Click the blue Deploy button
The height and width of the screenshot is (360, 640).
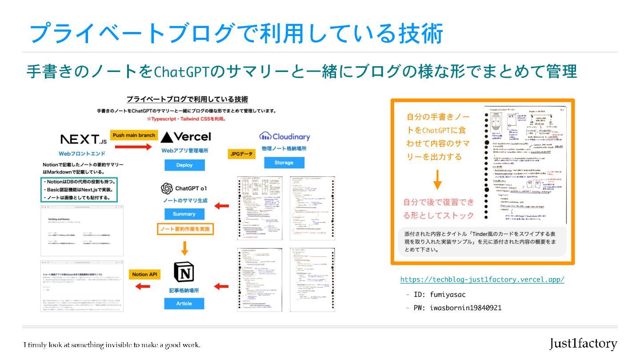coord(184,165)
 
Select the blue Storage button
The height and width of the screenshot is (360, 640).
coord(284,163)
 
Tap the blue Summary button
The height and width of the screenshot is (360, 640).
coord(184,214)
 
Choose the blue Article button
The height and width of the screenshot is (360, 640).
coord(184,304)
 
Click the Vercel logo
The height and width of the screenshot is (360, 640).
coord(186,136)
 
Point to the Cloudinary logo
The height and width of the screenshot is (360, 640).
coord(284,136)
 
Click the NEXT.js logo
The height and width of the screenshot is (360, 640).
coord(83,140)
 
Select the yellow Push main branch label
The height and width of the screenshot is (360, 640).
coord(134,135)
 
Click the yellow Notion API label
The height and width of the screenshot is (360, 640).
coord(145,274)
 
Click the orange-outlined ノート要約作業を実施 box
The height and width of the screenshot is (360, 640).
coord(185,229)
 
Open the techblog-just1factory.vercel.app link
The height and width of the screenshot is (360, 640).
coord(482,280)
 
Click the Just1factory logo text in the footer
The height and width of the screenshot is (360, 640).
coord(583,344)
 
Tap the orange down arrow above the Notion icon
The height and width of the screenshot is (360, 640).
coord(184,247)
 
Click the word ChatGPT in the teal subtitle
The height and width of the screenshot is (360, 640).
coord(181,71)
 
